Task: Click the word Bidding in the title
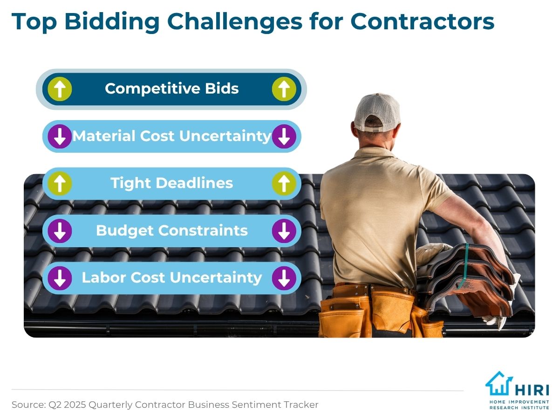pyautogui.click(x=112, y=22)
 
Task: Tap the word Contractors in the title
pyautogui.click(x=422, y=21)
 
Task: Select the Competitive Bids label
pyautogui.click(x=171, y=88)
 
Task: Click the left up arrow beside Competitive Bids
pyautogui.click(x=60, y=89)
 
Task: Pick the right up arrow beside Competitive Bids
pyautogui.click(x=284, y=89)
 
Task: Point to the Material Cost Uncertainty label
pyautogui.click(x=171, y=136)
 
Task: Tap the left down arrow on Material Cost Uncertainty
pyautogui.click(x=60, y=136)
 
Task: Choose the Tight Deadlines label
pyautogui.click(x=171, y=183)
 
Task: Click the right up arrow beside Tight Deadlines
pyautogui.click(x=284, y=183)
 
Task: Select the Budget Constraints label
pyautogui.click(x=171, y=231)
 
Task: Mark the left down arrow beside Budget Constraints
pyautogui.click(x=60, y=231)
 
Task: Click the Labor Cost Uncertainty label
pyautogui.click(x=171, y=278)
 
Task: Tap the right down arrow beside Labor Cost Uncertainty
pyautogui.click(x=284, y=278)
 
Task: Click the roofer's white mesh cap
pyautogui.click(x=377, y=113)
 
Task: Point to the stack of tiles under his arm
pyautogui.click(x=466, y=280)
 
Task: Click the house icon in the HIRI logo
pyautogui.click(x=499, y=384)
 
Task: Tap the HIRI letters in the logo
pyautogui.click(x=532, y=390)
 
